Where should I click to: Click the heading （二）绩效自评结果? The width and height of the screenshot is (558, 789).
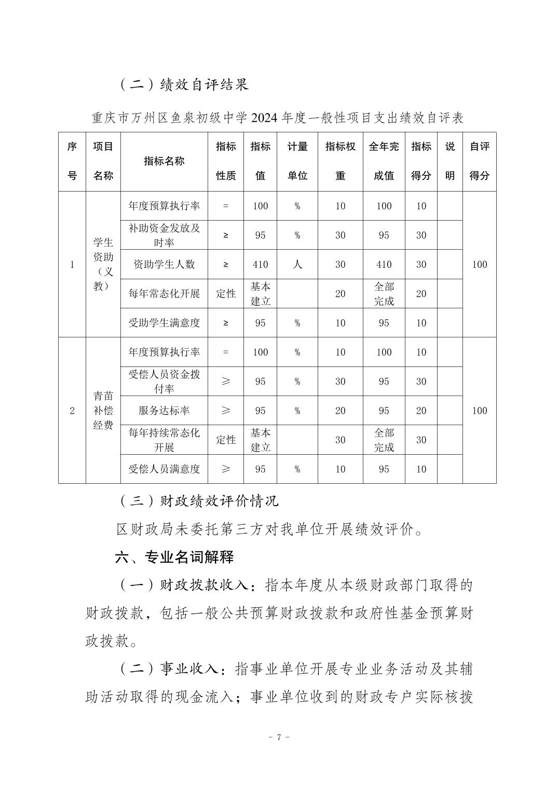[x=184, y=84]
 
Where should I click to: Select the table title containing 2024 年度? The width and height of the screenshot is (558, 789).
[x=277, y=118]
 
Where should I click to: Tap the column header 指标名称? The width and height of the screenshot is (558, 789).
[x=164, y=161]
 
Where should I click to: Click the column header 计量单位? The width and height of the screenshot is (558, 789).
[x=297, y=161]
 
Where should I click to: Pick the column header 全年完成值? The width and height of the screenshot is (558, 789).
[x=384, y=161]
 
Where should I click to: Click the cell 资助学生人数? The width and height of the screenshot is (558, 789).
[x=164, y=264]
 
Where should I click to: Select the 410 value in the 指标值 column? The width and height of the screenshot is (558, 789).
[x=260, y=264]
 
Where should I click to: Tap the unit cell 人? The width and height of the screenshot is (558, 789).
[x=297, y=264]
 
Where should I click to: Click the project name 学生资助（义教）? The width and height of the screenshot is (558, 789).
[x=103, y=264]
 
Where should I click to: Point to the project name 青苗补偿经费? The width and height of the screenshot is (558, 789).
[x=103, y=411]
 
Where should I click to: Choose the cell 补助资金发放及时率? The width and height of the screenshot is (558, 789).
[x=164, y=235]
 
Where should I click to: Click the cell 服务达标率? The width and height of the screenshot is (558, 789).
[x=164, y=411]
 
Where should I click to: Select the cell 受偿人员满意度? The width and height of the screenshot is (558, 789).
[x=164, y=469]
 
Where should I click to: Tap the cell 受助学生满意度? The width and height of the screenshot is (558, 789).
[x=164, y=323]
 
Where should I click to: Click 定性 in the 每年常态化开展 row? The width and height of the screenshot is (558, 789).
[x=226, y=294]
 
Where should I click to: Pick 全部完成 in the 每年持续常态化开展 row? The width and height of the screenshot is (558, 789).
[x=384, y=440]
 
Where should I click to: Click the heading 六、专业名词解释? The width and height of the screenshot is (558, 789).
[x=174, y=557]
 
